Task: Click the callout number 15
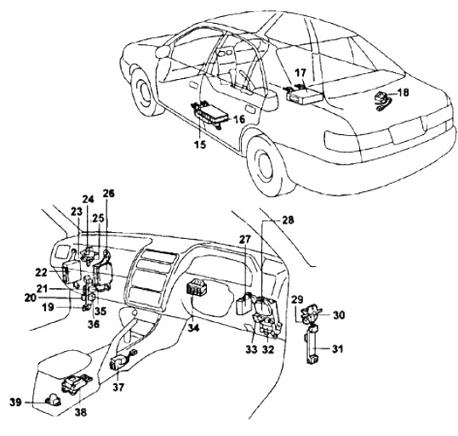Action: [200, 144]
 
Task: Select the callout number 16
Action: [239, 119]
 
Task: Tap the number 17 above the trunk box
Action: [301, 72]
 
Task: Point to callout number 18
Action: [404, 92]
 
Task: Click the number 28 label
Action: [288, 220]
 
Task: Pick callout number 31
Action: [337, 348]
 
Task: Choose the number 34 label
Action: [193, 328]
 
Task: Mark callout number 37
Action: [118, 388]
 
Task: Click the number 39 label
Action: [15, 403]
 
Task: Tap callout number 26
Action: [109, 194]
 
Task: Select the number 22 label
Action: [41, 272]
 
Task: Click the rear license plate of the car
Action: [407, 130]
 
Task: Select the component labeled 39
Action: [53, 399]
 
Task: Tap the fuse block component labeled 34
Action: [196, 288]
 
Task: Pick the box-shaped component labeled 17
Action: [306, 96]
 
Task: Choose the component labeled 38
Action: [77, 383]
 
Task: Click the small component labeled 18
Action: [383, 100]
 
